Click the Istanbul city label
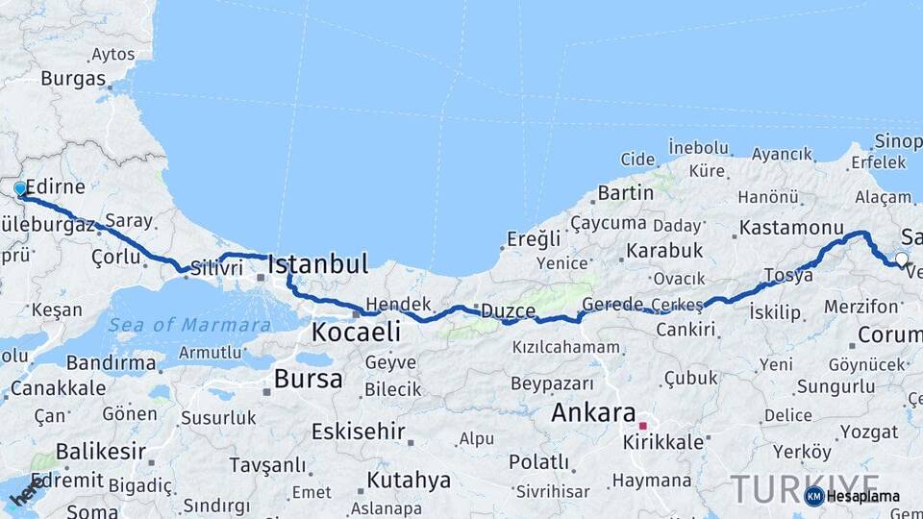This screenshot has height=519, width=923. click(x=317, y=264)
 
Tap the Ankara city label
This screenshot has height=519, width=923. click(x=593, y=414)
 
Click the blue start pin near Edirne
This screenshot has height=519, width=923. click(x=20, y=189)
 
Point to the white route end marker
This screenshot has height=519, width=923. click(x=901, y=258)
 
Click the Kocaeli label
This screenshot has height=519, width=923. click(x=355, y=333)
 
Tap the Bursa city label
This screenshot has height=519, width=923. click(x=308, y=379)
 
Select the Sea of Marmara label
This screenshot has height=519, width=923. click(x=189, y=325)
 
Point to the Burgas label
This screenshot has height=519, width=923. click(x=73, y=79)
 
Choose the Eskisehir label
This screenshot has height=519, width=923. click(x=358, y=432)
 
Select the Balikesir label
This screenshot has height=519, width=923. click(x=100, y=451)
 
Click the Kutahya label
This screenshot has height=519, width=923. click(x=409, y=480)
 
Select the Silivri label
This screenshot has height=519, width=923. click(x=216, y=269)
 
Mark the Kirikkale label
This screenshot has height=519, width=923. click(x=663, y=442)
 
